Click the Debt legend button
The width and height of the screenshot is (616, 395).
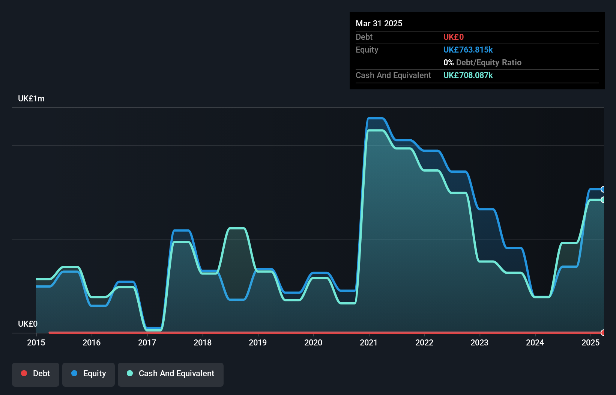tap(36, 374)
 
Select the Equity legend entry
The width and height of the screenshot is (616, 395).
tap(89, 374)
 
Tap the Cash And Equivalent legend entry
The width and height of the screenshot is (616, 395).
tap(171, 374)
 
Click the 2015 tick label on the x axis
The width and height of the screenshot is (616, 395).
tap(36, 342)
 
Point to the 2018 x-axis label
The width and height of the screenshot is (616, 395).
tap(203, 342)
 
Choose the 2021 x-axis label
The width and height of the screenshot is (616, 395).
tap(369, 342)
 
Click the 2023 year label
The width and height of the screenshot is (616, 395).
tap(479, 342)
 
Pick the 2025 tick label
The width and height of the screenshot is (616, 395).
tap(590, 342)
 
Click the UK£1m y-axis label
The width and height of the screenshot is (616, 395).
tap(31, 99)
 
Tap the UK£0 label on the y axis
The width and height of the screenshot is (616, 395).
tap(28, 324)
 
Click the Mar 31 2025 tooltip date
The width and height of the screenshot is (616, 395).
tap(379, 23)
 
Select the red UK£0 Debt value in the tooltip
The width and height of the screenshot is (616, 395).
tap(454, 37)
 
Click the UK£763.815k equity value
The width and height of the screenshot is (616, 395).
tap(468, 50)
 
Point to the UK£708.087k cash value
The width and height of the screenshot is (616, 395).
tap(468, 75)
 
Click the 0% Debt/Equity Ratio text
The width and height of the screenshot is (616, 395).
tap(482, 62)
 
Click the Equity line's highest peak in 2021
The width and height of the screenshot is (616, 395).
tap(376, 119)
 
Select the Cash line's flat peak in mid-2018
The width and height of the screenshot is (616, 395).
tap(237, 228)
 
